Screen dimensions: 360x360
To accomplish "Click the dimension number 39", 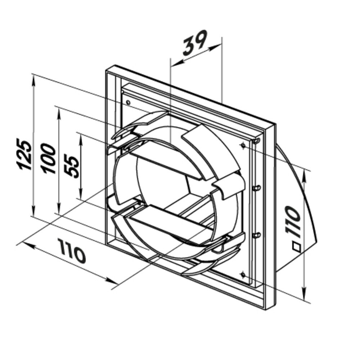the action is point(195,42).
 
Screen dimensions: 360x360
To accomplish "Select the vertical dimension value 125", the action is point(24,154).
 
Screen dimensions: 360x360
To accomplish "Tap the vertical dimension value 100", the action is point(48,158).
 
